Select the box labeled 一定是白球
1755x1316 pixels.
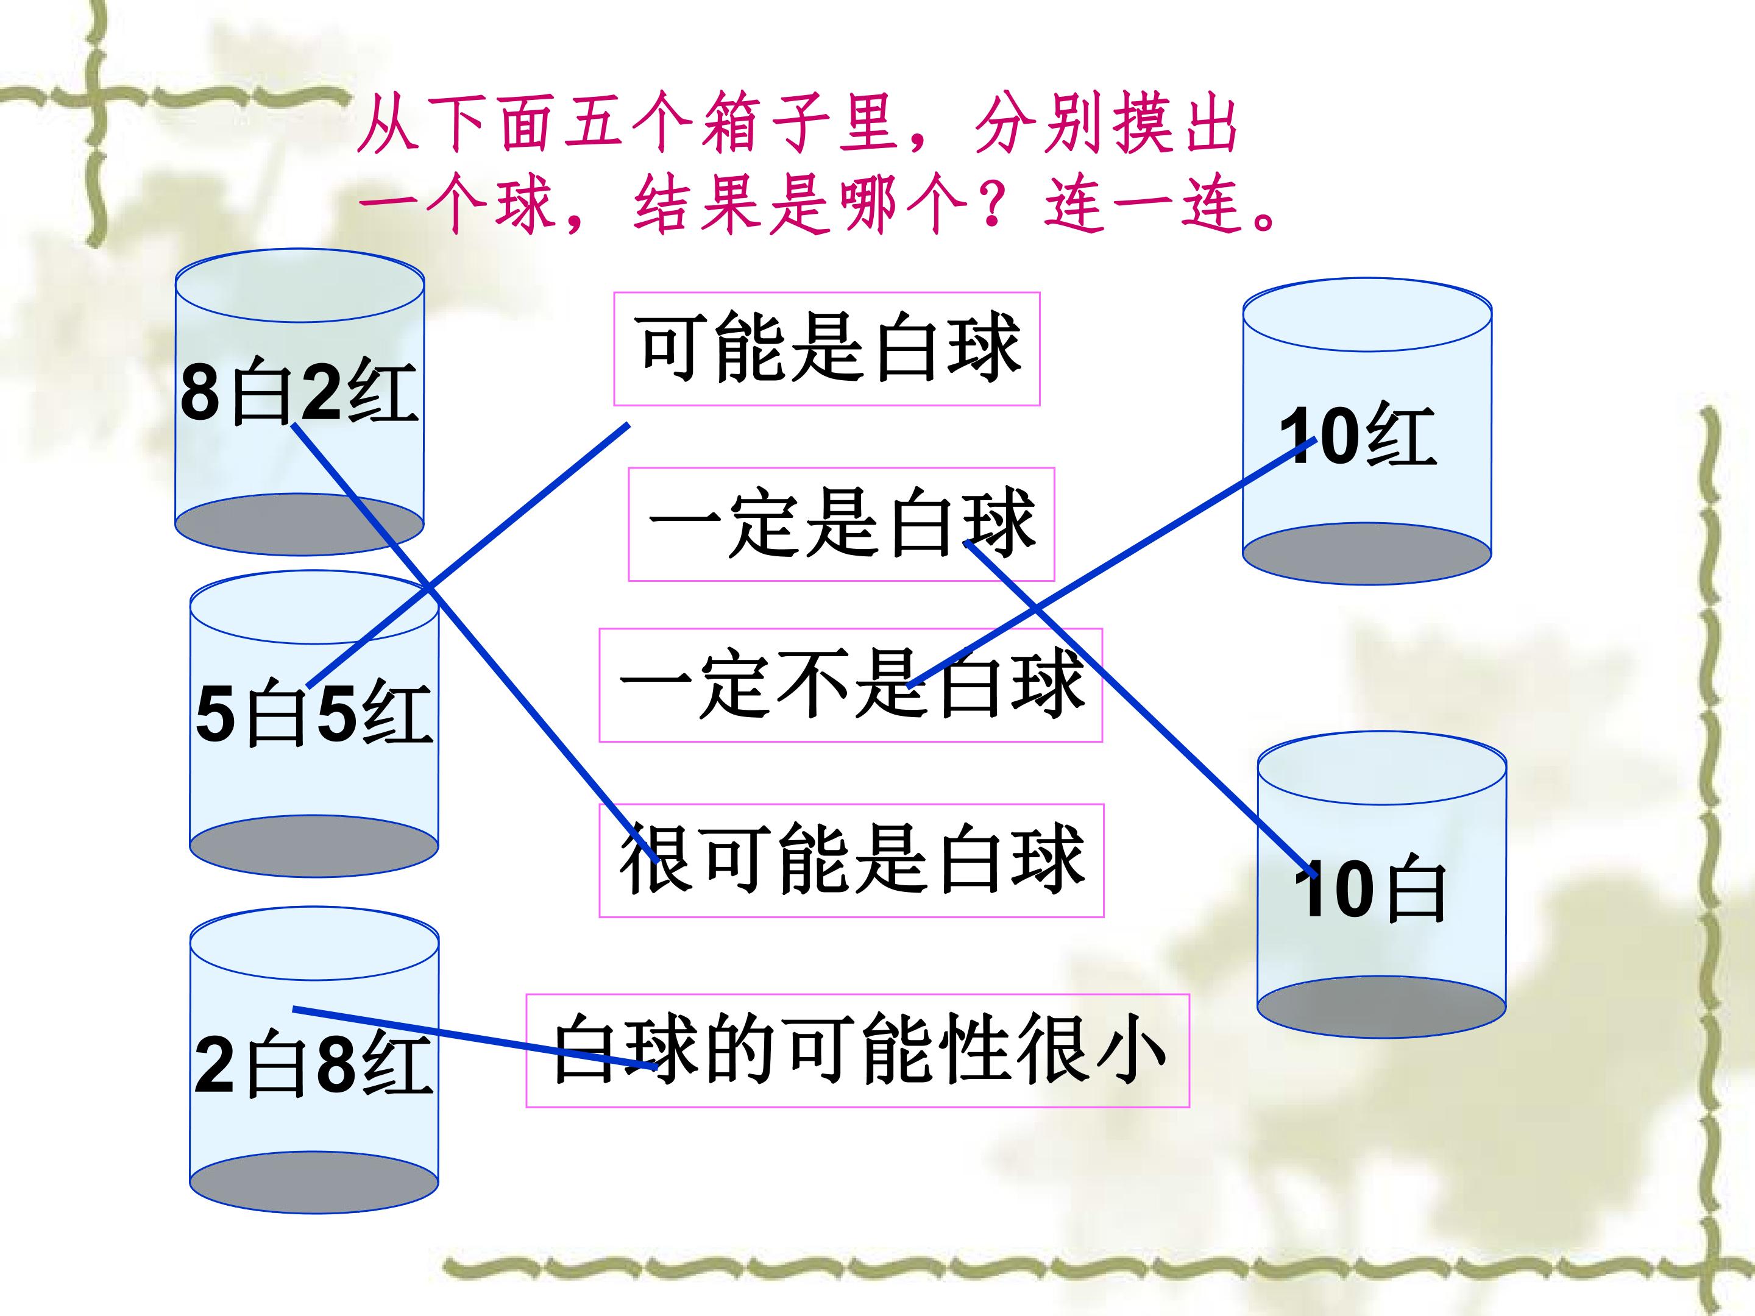click(841, 525)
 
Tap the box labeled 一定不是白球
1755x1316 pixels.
click(851, 685)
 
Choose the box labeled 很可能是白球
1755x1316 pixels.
click(851, 861)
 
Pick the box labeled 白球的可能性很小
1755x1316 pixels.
click(857, 1050)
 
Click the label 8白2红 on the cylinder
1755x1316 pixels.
click(299, 391)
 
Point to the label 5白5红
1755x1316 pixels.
click(314, 712)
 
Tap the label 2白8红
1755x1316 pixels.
click(314, 1064)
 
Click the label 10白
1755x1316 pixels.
click(1370, 890)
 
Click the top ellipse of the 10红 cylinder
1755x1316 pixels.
click(1367, 315)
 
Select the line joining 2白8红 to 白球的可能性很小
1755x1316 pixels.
click(476, 1038)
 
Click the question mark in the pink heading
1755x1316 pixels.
click(995, 205)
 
